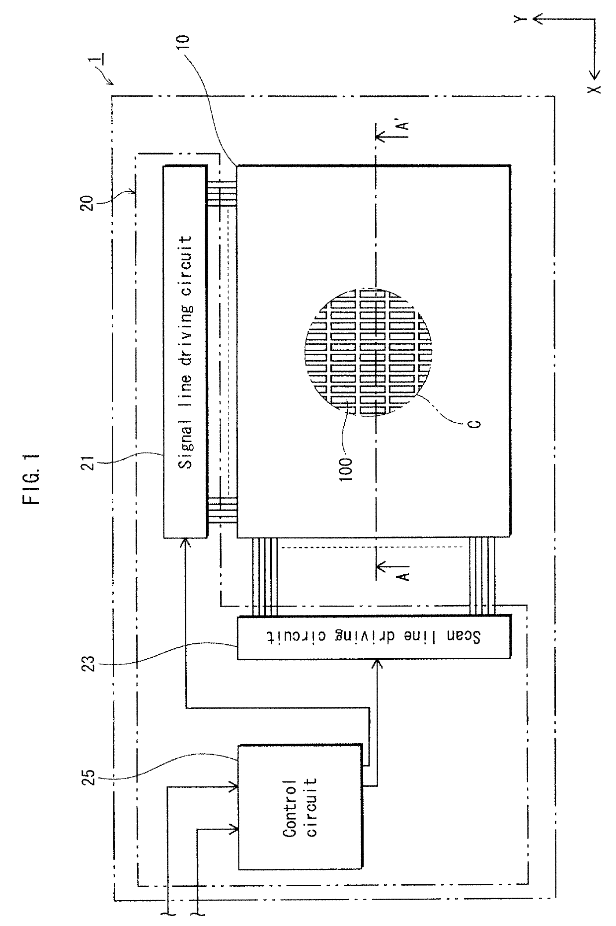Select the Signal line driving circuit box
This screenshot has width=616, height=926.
click(185, 351)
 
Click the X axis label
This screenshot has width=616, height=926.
click(595, 88)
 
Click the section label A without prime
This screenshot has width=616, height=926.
click(405, 575)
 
